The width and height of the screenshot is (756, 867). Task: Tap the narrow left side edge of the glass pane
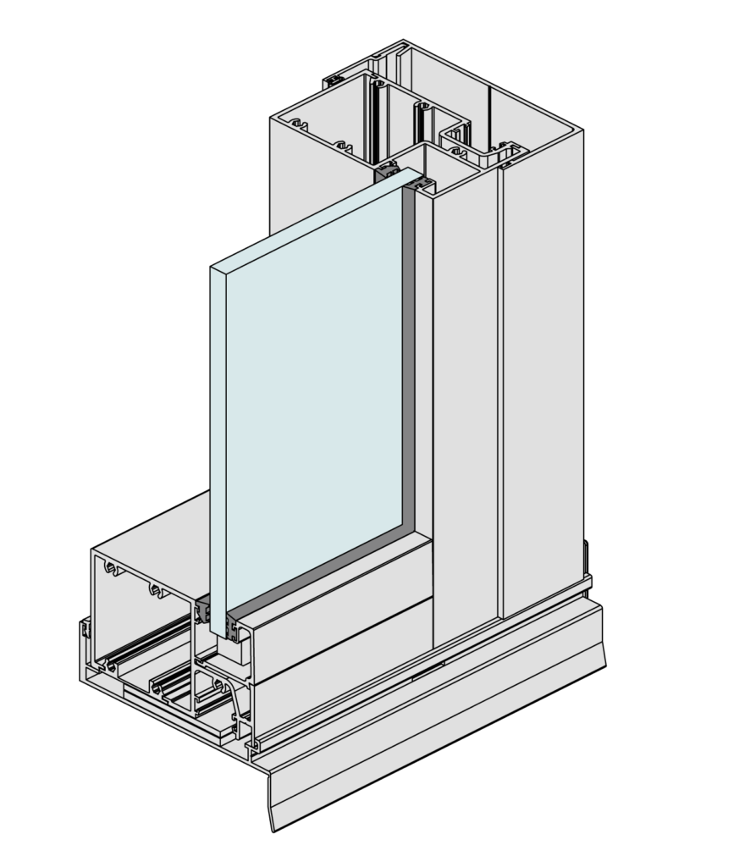tap(218, 449)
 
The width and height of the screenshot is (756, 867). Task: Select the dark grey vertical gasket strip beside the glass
tap(409, 356)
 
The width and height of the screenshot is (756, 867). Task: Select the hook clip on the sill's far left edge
tap(85, 631)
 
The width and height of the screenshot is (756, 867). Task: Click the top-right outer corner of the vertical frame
tap(581, 131)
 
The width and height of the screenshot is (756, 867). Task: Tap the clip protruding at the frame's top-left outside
tap(332, 81)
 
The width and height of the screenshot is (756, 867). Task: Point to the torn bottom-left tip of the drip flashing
tap(273, 826)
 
